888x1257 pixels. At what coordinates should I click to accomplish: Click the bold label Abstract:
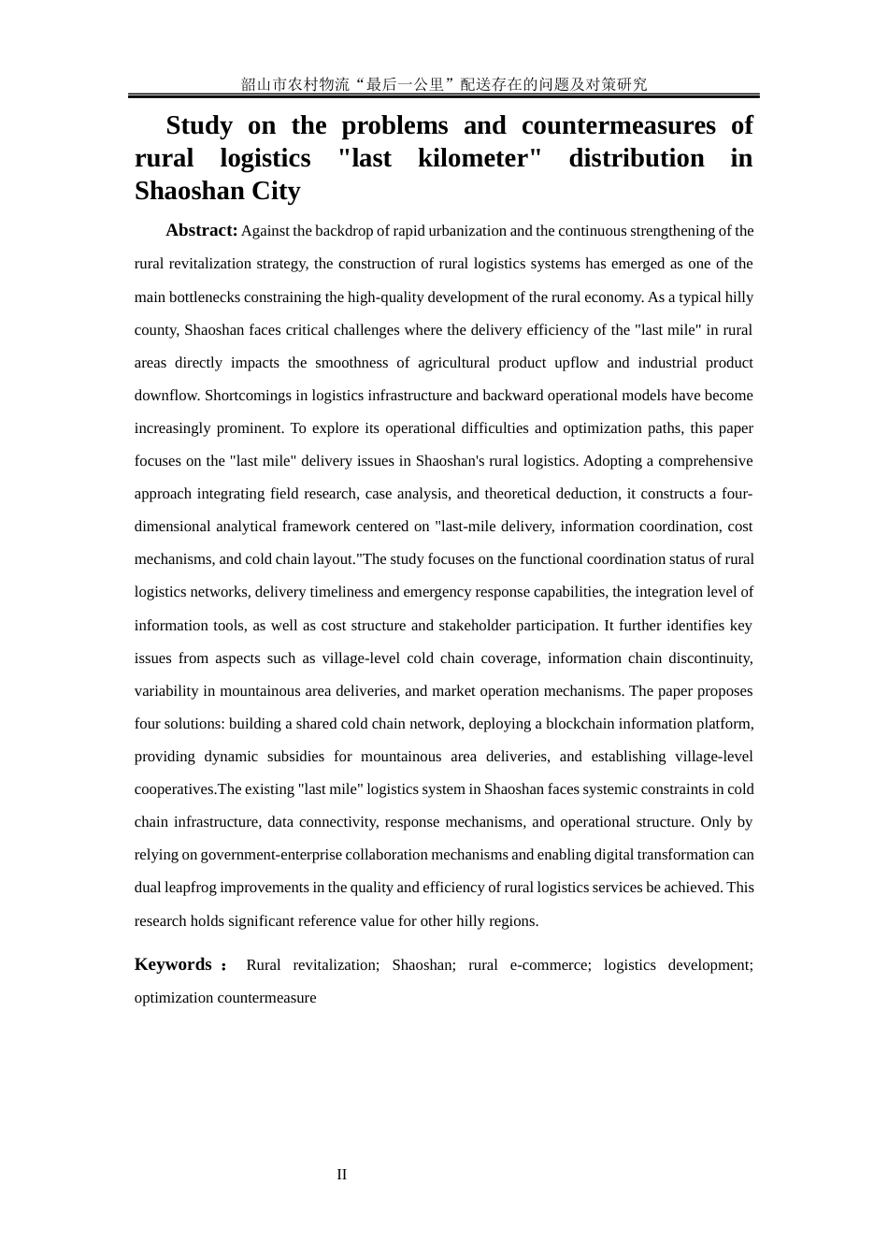pos(201,230)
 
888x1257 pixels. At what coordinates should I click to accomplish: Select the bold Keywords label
pos(173,964)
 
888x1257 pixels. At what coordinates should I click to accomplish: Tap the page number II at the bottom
pos(342,1175)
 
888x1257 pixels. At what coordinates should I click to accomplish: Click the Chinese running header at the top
pos(444,84)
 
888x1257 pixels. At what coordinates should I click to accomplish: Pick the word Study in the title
pos(199,125)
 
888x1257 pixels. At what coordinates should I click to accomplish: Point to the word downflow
pos(166,396)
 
